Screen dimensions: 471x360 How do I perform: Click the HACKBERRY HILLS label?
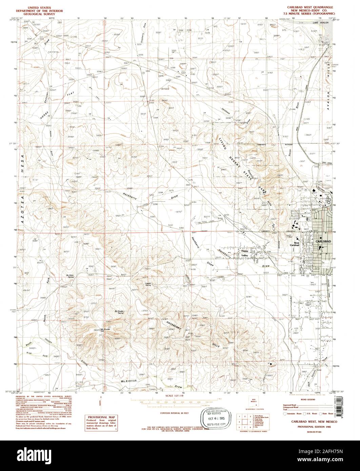192,333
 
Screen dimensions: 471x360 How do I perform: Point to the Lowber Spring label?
148,283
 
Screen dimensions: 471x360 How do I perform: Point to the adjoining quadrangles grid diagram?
243,419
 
